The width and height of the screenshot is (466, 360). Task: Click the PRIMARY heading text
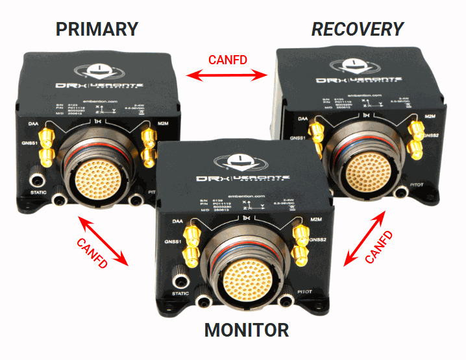[x=97, y=29]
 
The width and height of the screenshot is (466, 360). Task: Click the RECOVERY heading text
[x=358, y=29]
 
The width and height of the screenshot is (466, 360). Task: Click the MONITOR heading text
[x=247, y=330]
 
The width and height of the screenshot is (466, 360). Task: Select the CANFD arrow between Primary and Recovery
[x=227, y=77]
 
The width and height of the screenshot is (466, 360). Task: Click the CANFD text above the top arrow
[x=227, y=60]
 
